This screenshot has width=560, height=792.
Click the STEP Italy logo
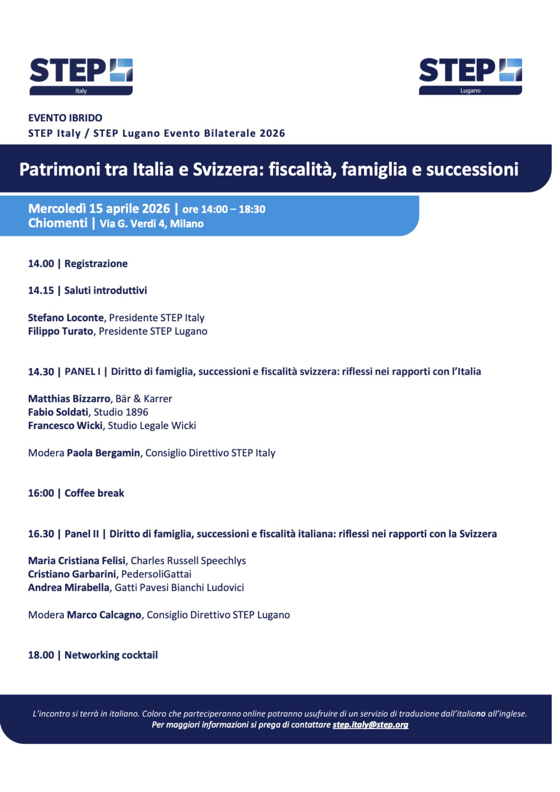(x=81, y=76)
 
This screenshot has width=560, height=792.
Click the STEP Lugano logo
(x=470, y=76)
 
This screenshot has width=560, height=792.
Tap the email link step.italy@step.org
(x=370, y=725)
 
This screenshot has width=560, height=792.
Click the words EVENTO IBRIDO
(x=65, y=118)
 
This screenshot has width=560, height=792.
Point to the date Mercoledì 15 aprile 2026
(x=99, y=209)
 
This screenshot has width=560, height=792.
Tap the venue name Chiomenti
(x=58, y=223)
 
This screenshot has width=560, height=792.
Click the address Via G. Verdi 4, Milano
(x=152, y=224)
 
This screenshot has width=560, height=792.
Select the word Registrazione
(x=96, y=264)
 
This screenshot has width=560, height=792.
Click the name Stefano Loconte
(x=66, y=318)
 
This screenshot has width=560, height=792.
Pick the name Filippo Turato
(x=61, y=331)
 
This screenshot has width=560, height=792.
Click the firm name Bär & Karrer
(x=144, y=399)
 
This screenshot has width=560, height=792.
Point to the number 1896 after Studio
(x=137, y=412)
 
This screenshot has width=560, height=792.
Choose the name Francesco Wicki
(x=65, y=426)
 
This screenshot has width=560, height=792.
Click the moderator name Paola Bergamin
(x=103, y=453)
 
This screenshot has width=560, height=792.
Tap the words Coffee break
(x=94, y=493)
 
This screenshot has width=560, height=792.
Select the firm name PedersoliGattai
(x=156, y=574)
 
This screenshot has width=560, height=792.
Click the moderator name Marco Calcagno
(x=104, y=615)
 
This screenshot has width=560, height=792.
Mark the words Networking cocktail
(x=111, y=655)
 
